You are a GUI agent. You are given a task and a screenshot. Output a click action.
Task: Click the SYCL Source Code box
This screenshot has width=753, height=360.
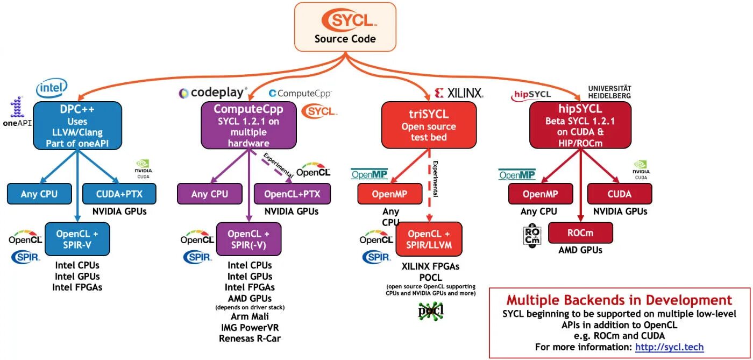345,27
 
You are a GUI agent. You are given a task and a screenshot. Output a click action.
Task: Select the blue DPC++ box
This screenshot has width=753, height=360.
77,125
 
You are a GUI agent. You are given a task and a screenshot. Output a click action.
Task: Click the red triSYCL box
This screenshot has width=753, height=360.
429,125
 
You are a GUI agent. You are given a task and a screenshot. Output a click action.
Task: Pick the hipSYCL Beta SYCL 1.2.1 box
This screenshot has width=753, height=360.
580,125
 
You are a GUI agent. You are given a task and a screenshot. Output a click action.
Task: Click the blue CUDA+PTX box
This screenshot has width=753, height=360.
119,194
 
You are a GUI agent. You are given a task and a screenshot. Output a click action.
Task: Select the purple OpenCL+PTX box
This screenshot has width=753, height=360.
292,194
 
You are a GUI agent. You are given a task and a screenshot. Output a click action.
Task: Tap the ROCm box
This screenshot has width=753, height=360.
580,232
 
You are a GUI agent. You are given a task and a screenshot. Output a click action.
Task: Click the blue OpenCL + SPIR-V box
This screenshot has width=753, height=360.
77,238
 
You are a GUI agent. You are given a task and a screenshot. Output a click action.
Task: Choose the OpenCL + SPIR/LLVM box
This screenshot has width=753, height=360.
429,238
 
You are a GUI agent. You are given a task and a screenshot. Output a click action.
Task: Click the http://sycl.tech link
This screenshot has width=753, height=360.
669,347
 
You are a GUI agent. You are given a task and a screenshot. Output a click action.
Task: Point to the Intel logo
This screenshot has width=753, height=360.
52,87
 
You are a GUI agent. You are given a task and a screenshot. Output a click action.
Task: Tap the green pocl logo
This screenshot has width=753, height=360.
431,312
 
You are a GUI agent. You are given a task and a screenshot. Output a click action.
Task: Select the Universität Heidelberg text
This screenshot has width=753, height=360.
609,91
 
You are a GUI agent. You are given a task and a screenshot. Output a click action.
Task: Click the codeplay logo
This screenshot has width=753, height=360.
212,93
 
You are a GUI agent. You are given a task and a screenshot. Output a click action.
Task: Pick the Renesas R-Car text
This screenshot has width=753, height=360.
250,338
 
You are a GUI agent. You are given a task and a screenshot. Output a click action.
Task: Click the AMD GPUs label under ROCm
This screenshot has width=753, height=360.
580,250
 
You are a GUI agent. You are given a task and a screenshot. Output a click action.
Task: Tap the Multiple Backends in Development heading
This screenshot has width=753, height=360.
619,300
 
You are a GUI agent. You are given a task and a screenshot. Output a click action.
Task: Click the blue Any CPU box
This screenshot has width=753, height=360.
39,194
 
